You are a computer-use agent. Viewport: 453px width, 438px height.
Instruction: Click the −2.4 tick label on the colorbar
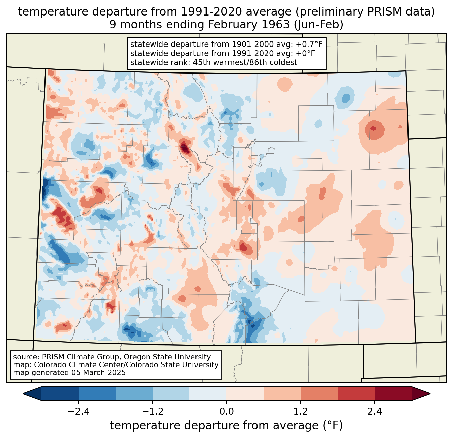click(79, 412)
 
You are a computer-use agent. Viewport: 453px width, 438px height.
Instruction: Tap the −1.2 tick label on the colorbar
click(152, 412)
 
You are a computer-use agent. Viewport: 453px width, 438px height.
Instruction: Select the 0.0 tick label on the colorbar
click(227, 412)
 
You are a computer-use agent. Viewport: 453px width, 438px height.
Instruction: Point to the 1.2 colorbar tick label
click(300, 412)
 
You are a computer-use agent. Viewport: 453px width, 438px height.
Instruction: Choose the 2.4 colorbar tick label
click(374, 412)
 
